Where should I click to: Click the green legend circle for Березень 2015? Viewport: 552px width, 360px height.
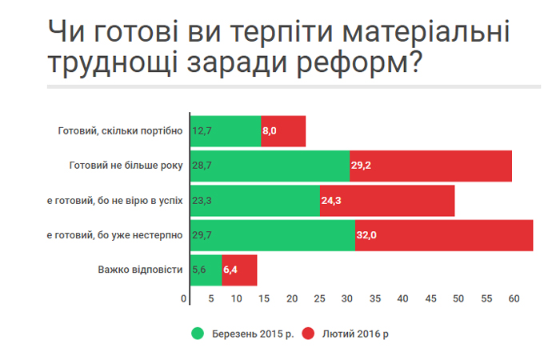(x=197, y=333)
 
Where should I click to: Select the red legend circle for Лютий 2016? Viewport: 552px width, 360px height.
(x=309, y=333)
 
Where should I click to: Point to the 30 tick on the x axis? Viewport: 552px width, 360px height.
(x=347, y=298)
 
